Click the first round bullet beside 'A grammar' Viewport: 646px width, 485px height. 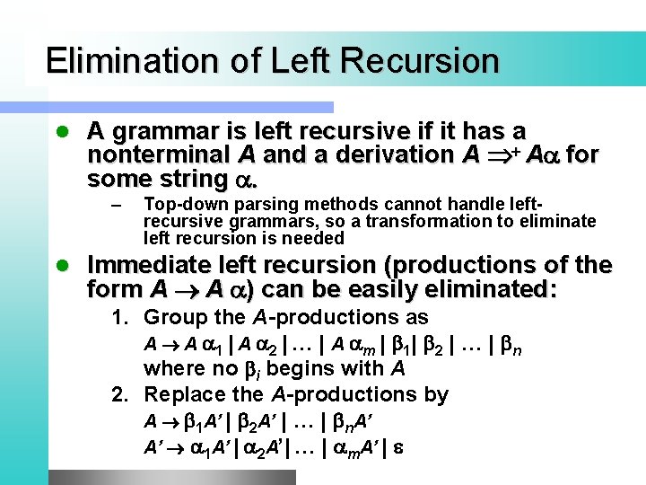(61, 132)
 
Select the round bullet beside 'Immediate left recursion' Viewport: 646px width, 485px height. (61, 267)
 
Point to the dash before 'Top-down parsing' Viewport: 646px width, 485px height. (114, 206)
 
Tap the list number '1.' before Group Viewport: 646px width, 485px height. (119, 317)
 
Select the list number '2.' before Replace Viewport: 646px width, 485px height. (119, 394)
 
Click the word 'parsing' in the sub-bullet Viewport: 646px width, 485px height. (266, 204)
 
